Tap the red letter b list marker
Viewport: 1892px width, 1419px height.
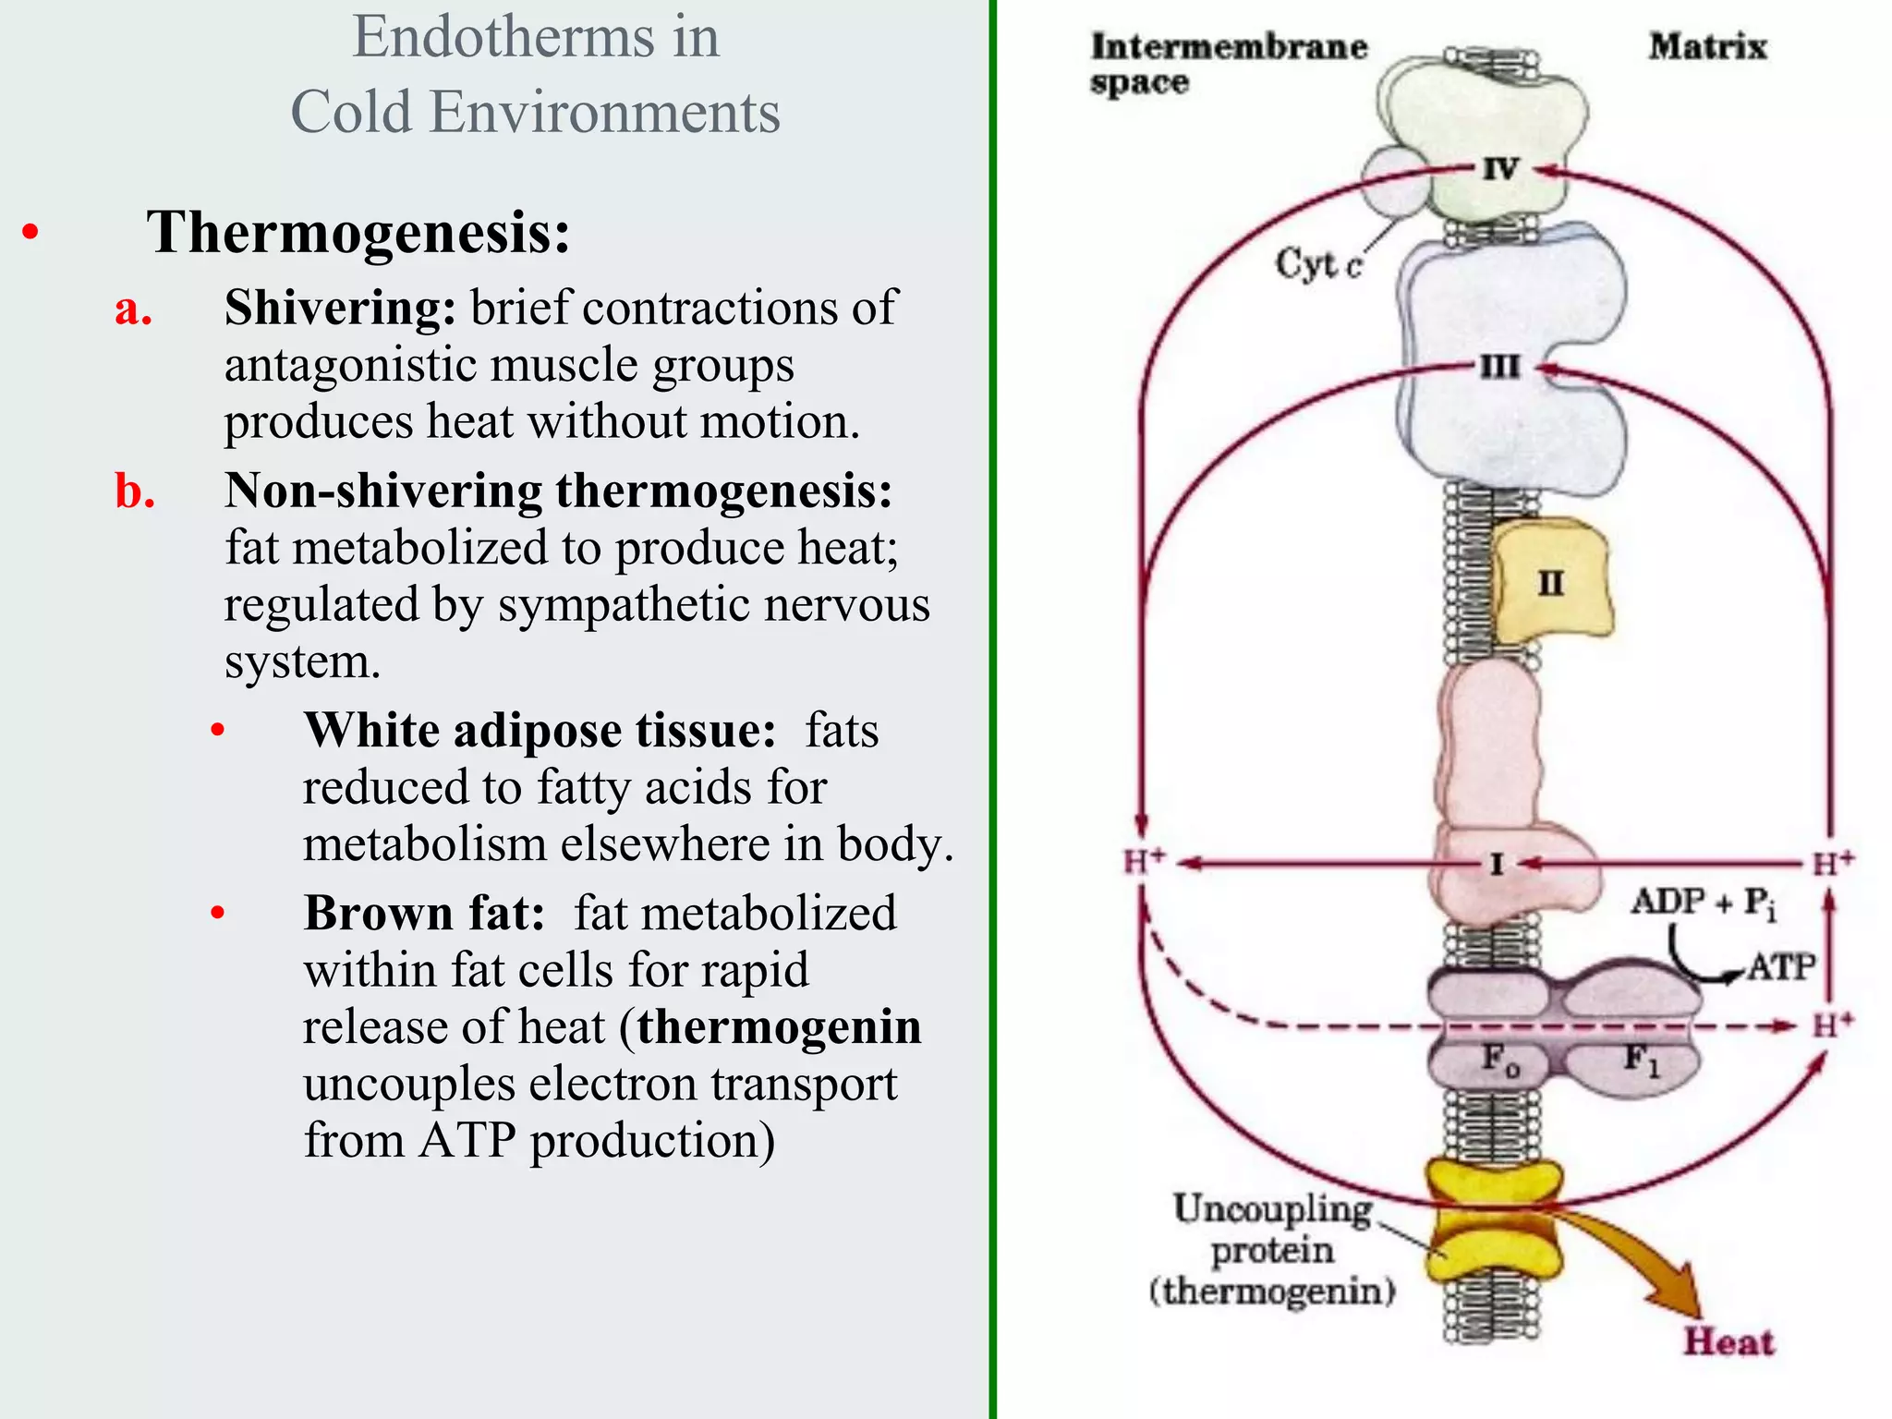(x=135, y=491)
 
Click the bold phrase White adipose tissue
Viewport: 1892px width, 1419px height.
(x=540, y=731)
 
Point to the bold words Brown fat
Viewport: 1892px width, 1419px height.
(x=424, y=914)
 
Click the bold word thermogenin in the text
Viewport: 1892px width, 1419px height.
(x=779, y=1027)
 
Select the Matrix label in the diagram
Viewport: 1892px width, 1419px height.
(x=1707, y=46)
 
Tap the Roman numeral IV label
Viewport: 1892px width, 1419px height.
(x=1500, y=169)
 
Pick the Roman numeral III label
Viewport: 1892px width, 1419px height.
(x=1499, y=367)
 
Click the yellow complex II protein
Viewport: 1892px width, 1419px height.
(x=1552, y=582)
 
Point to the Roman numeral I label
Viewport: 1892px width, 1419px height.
(x=1497, y=865)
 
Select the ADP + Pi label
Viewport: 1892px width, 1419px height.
(x=1703, y=903)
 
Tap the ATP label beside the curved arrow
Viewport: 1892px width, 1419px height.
(x=1781, y=967)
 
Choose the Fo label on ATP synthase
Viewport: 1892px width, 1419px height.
(x=1499, y=1060)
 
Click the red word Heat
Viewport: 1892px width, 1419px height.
(x=1728, y=1341)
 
